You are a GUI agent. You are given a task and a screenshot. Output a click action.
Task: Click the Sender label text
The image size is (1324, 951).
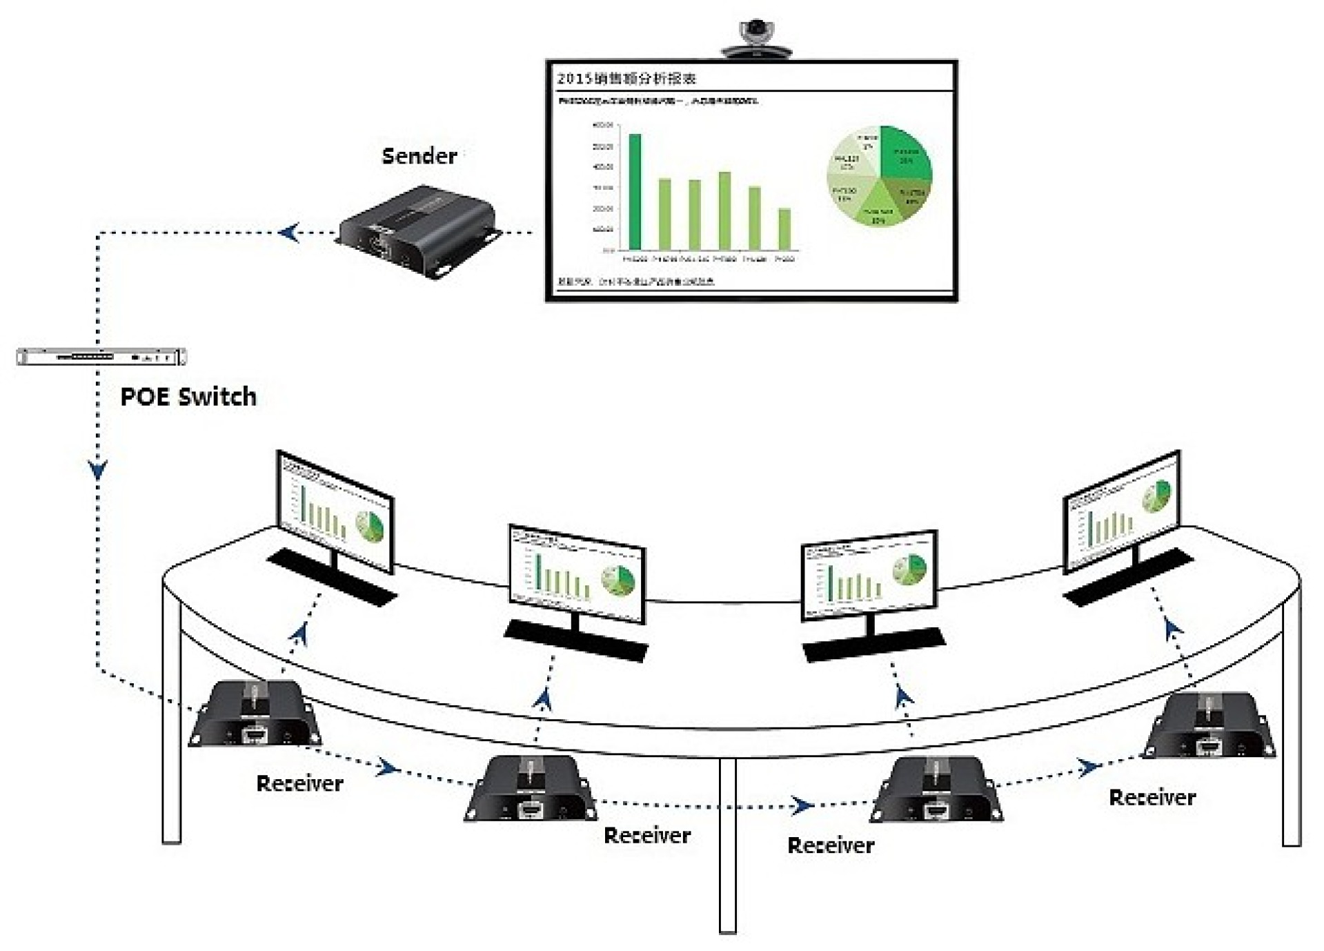pos(419,156)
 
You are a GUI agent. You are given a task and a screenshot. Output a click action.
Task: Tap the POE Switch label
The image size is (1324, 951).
pos(188,397)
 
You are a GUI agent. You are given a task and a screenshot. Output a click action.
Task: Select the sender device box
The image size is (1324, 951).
pos(418,232)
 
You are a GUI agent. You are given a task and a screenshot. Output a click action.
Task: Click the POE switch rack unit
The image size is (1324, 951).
pos(101,357)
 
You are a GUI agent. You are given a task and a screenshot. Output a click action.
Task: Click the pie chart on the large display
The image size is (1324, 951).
pos(879,175)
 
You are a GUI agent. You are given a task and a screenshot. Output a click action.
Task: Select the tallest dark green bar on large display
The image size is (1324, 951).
pos(634,191)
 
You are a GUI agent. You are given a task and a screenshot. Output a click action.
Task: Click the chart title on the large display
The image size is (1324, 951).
pos(626,79)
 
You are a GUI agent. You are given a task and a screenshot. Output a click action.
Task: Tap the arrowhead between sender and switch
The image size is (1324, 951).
pos(290,233)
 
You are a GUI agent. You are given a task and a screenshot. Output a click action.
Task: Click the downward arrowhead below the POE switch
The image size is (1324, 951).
pos(98,471)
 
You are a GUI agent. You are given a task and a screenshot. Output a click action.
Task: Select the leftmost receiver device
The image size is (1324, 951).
pos(255,714)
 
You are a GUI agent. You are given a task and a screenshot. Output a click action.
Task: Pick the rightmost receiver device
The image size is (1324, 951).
pos(1209,726)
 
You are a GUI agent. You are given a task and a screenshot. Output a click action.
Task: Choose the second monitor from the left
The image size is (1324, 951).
pos(577,572)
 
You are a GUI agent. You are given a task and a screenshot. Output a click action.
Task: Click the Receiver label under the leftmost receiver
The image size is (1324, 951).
pos(299,783)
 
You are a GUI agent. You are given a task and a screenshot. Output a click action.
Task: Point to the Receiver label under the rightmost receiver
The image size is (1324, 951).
pos(1152,798)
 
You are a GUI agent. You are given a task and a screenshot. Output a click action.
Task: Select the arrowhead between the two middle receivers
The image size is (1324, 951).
pos(800,805)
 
